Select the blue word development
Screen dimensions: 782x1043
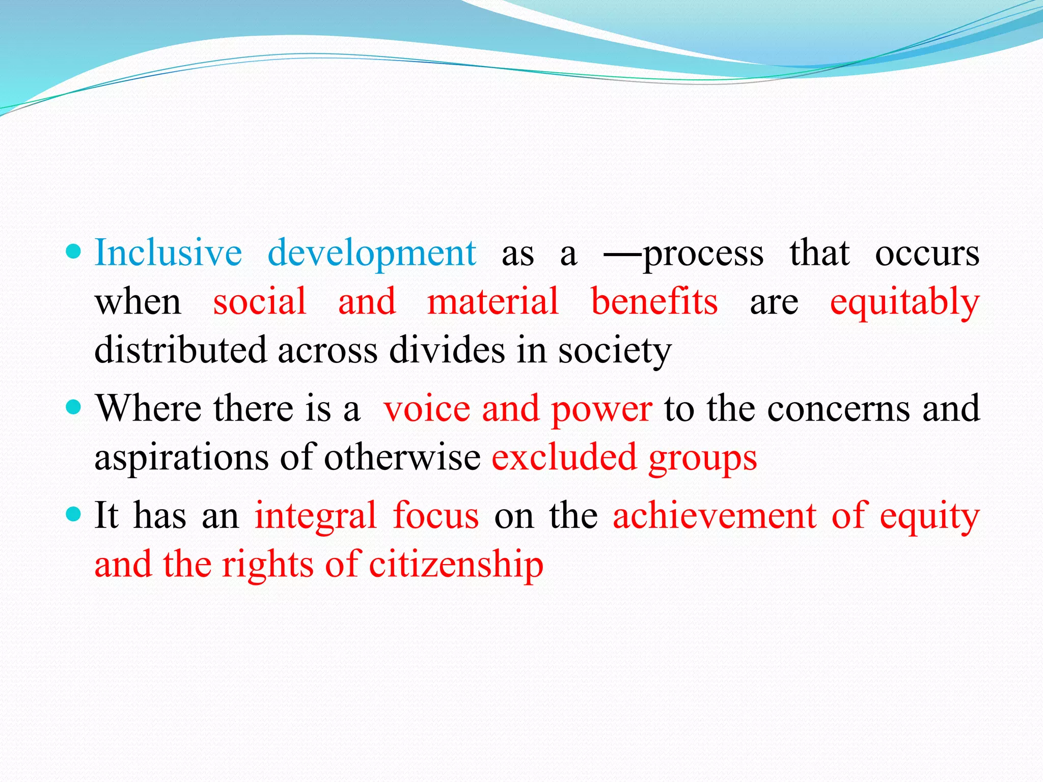(x=372, y=253)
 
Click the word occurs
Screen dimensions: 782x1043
(x=927, y=253)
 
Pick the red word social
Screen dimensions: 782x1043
(x=260, y=301)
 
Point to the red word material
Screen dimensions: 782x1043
(x=493, y=301)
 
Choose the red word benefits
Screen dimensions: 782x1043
(x=654, y=301)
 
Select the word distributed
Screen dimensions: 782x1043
(x=181, y=350)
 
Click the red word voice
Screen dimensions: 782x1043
(x=427, y=408)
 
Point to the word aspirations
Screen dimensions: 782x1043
(x=181, y=458)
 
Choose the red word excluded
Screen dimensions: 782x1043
(x=564, y=457)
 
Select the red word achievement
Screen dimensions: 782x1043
(x=715, y=515)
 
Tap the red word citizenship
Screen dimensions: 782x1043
(x=456, y=565)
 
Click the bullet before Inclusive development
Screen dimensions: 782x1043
(x=74, y=252)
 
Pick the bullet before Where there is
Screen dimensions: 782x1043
(x=74, y=407)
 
